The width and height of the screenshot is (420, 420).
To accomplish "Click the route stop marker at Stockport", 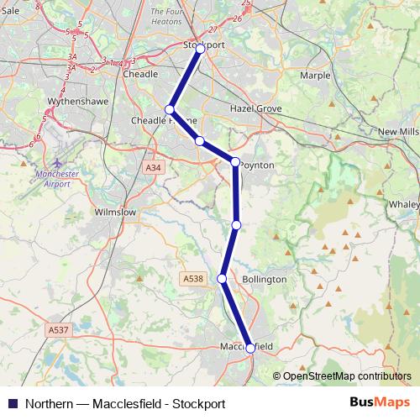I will pyautogui.click(x=200, y=49).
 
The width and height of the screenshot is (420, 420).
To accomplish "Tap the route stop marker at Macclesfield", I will pyautogui.click(x=250, y=348).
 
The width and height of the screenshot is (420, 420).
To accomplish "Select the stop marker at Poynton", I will pyautogui.click(x=236, y=162).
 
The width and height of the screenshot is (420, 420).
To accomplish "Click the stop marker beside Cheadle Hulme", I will pyautogui.click(x=170, y=110).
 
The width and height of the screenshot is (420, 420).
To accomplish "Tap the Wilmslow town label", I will pyautogui.click(x=116, y=213).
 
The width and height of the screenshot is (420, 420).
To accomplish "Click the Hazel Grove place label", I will pyautogui.click(x=255, y=109).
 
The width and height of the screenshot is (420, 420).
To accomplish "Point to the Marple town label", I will pyautogui.click(x=315, y=74).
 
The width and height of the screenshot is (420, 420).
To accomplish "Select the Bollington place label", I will pyautogui.click(x=264, y=279).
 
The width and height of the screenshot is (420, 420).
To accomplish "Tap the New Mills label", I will pyautogui.click(x=398, y=133).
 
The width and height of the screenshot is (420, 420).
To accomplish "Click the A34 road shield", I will pyautogui.click(x=153, y=168).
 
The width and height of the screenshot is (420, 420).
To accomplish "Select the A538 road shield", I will pyautogui.click(x=192, y=278).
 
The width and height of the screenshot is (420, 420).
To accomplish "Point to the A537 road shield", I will pyautogui.click(x=58, y=330).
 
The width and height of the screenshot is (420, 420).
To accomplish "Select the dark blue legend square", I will pyautogui.click(x=13, y=403).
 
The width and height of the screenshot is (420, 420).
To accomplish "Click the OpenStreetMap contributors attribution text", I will pyautogui.click(x=347, y=376).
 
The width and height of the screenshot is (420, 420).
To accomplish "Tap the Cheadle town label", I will pyautogui.click(x=140, y=74).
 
